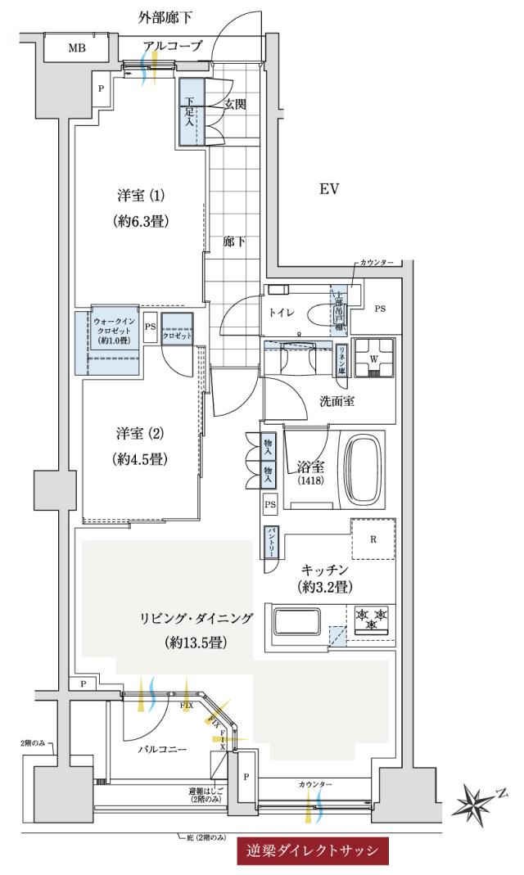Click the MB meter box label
76,48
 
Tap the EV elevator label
329,190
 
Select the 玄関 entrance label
236,104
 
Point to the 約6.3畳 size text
141,220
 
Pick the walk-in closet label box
114,329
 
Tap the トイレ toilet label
282,312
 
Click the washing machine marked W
374,358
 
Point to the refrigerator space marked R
373,539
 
